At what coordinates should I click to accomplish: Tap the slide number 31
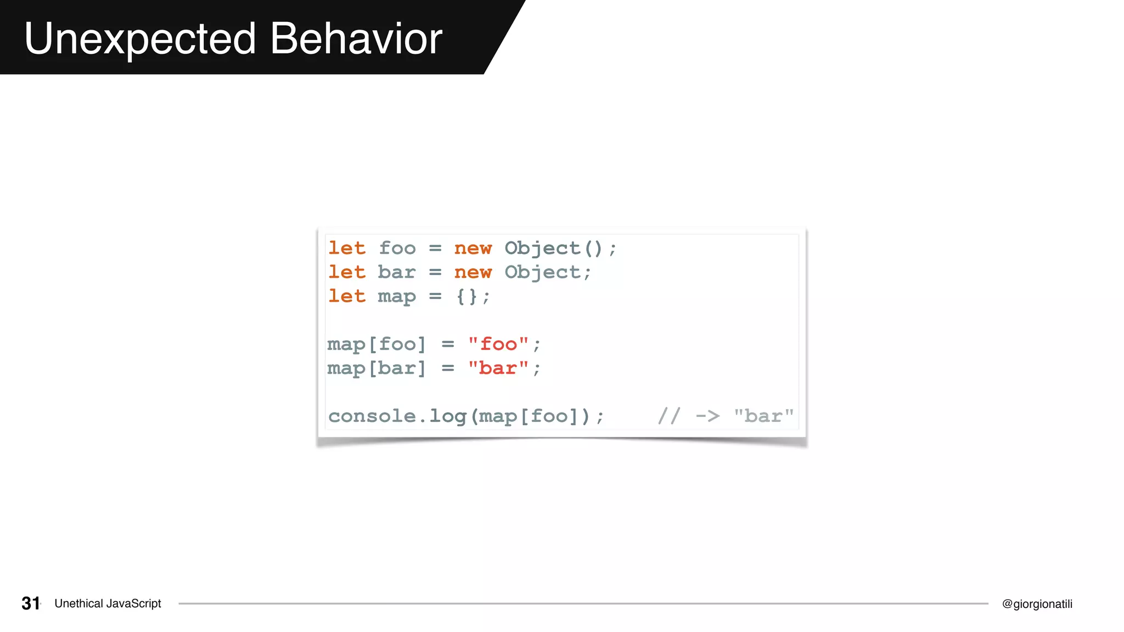pyautogui.click(x=31, y=603)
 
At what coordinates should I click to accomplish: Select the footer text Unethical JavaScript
pyautogui.click(x=108, y=603)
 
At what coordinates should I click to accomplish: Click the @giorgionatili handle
pyautogui.click(x=1037, y=604)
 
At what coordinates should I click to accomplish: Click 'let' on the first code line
pyautogui.click(x=347, y=249)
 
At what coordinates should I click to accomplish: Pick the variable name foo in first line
pyautogui.click(x=397, y=249)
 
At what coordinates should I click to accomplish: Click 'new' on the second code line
pyautogui.click(x=473, y=273)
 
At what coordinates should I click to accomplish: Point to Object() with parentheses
pyautogui.click(x=553, y=249)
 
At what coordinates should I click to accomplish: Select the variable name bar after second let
pyautogui.click(x=397, y=273)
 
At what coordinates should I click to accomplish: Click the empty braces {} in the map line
pyautogui.click(x=467, y=297)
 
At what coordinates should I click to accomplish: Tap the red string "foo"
pyautogui.click(x=498, y=345)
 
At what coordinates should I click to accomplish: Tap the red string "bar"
pyautogui.click(x=498, y=369)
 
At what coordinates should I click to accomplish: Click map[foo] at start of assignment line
pyautogui.click(x=376, y=345)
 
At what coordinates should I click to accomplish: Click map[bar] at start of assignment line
pyautogui.click(x=376, y=369)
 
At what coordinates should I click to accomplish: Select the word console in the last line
pyautogui.click(x=372, y=416)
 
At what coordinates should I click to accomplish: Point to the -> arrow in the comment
pyautogui.click(x=707, y=416)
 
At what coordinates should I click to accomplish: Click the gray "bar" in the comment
pyautogui.click(x=764, y=416)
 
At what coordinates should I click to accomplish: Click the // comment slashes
pyautogui.click(x=669, y=416)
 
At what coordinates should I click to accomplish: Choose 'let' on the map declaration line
pyautogui.click(x=347, y=297)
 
